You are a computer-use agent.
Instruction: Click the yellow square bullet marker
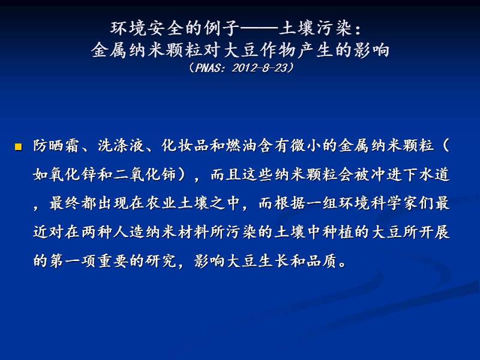pos(19,147)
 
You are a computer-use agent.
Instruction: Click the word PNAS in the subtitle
pos(207,68)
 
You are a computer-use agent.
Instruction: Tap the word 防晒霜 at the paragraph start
pos(56,146)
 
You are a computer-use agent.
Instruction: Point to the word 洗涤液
pos(121,146)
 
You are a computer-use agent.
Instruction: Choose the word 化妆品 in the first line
pos(185,146)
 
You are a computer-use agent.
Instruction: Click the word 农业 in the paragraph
pos(160,203)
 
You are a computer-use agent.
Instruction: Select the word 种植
pos(338,232)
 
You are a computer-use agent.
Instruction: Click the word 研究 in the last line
pos(161,261)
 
